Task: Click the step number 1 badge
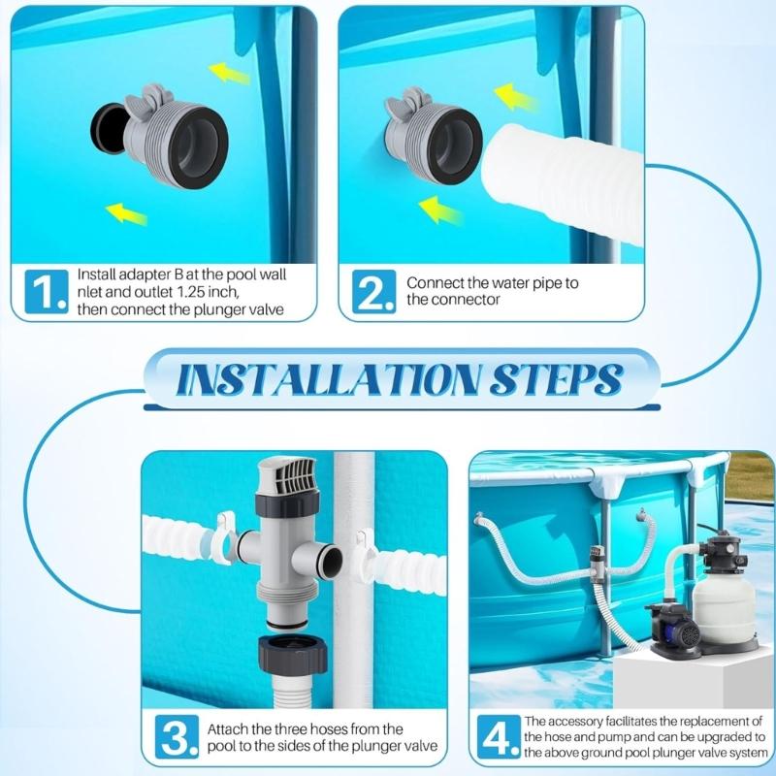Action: tap(44, 291)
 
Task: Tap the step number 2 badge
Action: tap(372, 291)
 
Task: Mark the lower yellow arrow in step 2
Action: tap(436, 207)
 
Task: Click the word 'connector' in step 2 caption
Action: tap(470, 299)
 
